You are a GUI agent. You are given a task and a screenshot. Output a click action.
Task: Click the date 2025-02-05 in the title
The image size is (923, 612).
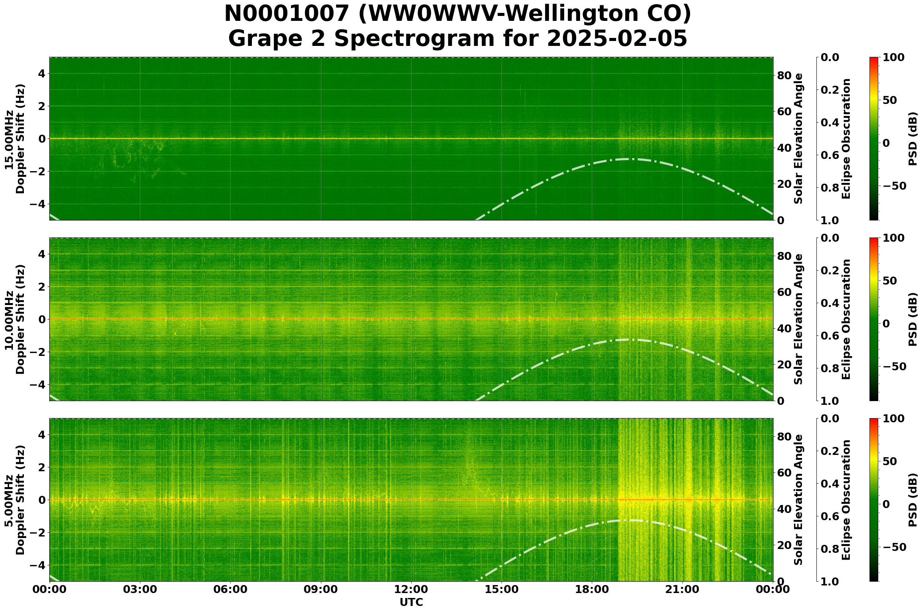(616, 39)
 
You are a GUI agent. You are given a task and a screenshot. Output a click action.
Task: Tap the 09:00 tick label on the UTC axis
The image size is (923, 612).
(321, 589)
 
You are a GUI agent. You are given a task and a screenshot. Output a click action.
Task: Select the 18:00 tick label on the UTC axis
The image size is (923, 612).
(592, 589)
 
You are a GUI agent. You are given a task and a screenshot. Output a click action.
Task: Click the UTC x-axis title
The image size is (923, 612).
(411, 602)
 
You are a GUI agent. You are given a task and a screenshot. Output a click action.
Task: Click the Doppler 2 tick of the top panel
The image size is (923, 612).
(41, 106)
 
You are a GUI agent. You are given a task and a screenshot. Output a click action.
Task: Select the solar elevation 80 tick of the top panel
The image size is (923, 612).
(784, 76)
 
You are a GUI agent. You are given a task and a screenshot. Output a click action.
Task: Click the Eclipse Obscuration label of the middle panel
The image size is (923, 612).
(846, 319)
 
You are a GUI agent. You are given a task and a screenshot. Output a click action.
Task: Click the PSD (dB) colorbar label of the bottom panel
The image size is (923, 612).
(912, 500)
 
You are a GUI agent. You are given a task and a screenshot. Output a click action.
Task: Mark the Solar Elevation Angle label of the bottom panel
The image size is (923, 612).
(799, 500)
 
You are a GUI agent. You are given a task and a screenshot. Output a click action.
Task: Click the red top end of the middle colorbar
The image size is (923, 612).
(874, 239)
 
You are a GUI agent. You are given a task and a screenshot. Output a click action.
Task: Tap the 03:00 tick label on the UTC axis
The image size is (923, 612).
(140, 589)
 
